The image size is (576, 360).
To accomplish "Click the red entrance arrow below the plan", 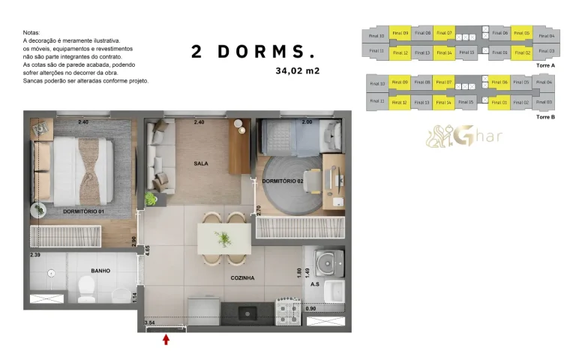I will tap(166, 340).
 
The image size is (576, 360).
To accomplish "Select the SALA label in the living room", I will tap(200, 163).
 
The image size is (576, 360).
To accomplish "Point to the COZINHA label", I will tap(242, 277).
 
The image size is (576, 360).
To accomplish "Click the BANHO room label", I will tap(101, 271).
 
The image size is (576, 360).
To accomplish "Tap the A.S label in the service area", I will tap(316, 285).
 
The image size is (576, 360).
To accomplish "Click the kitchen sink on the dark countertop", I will tap(245, 310).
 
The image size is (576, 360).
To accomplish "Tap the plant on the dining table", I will tap(223, 239).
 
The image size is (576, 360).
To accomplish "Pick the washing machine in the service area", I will tap(328, 262).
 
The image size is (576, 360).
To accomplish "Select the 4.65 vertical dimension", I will tap(148, 250).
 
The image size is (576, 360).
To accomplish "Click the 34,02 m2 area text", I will tap(298, 71).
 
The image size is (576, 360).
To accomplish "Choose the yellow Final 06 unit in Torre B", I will tap(499, 82).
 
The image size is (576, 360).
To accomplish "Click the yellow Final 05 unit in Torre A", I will tap(521, 34).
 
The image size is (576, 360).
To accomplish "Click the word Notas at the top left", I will tap(31, 33).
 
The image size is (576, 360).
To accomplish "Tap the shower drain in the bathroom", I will tap(50, 273).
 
